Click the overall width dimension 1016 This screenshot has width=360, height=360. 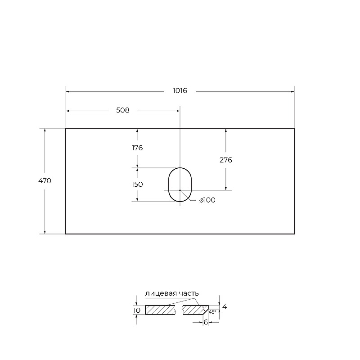tap(180, 91)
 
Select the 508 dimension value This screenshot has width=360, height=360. tap(122, 110)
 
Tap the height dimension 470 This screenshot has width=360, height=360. tap(45, 181)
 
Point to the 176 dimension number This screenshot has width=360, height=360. tap(137, 148)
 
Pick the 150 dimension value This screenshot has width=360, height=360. tap(137, 184)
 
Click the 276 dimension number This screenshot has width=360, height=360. tap(226, 160)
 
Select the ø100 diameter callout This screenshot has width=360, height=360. tap(207, 200)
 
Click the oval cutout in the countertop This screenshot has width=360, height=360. tap(168, 185)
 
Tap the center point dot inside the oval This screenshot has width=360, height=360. tap(180, 190)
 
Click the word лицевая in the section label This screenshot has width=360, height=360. tap(161, 293)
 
